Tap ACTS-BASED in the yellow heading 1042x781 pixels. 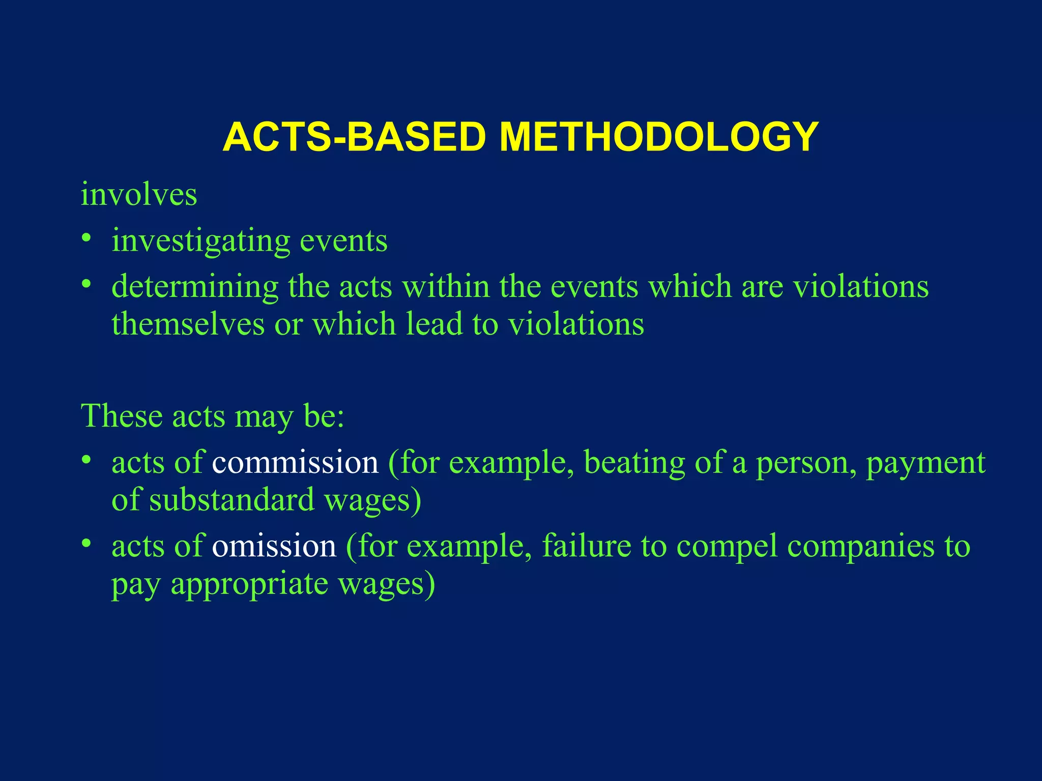click(x=355, y=137)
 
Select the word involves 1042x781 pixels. click(x=139, y=194)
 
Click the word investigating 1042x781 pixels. click(x=200, y=241)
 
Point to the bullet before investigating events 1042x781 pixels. click(x=87, y=238)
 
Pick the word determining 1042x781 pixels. click(x=195, y=287)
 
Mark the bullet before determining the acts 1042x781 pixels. click(x=87, y=284)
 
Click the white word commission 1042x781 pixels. click(x=295, y=463)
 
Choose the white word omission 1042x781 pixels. click(x=274, y=546)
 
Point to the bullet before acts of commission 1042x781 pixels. click(x=87, y=460)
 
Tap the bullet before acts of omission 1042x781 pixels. click(x=87, y=543)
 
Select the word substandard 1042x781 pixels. click(x=232, y=500)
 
